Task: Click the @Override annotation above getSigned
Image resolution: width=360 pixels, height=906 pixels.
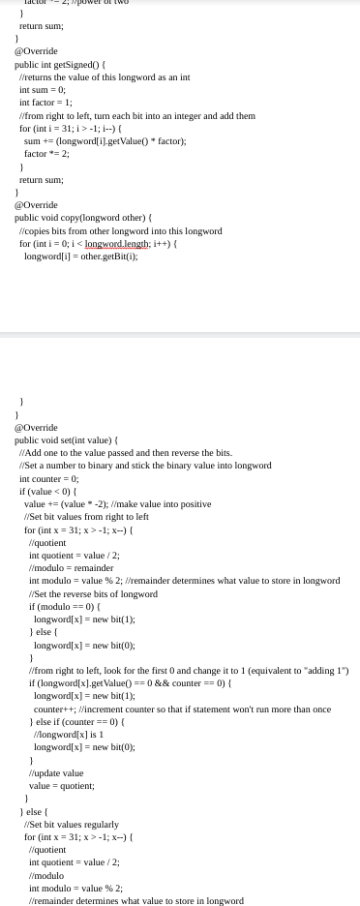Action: tap(35, 51)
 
